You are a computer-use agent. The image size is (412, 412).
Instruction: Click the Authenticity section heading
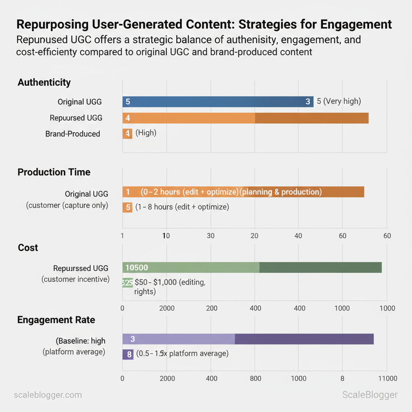tap(44, 82)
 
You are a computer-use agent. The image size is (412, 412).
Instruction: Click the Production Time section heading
tap(54, 172)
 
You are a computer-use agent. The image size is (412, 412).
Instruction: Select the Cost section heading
tap(28, 248)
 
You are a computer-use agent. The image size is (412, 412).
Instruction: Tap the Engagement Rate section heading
tap(56, 320)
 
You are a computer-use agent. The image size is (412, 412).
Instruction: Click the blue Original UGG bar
tap(218, 102)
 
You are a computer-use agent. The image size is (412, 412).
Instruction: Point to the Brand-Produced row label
tap(73, 134)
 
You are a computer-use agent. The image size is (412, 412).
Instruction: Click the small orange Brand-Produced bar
tap(128, 134)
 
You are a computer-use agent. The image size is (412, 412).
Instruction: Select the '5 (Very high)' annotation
tap(339, 101)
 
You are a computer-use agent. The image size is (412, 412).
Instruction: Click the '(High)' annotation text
tap(146, 133)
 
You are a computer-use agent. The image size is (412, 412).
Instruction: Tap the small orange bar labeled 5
tap(128, 208)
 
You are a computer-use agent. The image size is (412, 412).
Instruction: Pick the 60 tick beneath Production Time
tap(387, 236)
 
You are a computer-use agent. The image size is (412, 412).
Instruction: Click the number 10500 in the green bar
tap(137, 268)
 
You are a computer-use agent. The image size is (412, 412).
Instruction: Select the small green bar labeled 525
tap(127, 283)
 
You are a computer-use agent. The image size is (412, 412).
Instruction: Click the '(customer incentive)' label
tap(76, 279)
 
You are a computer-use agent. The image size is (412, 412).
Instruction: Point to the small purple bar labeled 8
tap(128, 354)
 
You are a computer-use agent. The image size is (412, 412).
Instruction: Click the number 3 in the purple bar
tap(133, 339)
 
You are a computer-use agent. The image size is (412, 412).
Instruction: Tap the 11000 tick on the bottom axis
tap(387, 379)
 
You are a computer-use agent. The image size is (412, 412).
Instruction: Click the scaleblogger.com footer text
tap(48, 395)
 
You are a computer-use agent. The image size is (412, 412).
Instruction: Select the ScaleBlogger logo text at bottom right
tap(370, 395)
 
